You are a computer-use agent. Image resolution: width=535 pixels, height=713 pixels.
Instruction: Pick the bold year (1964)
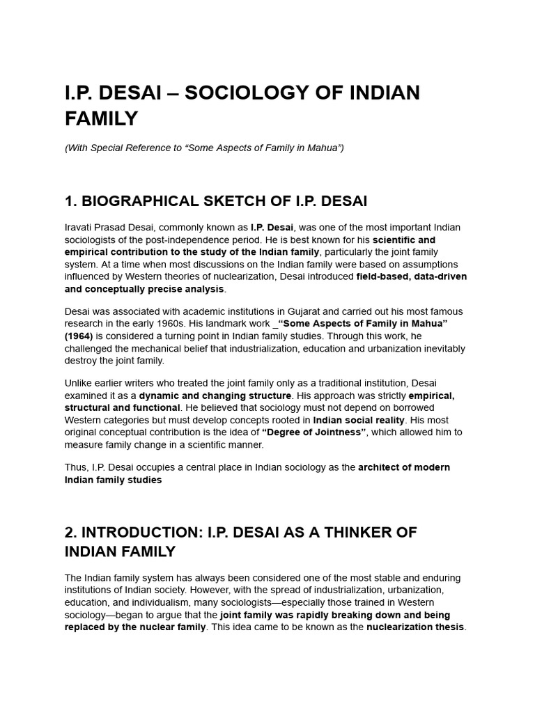[79, 336]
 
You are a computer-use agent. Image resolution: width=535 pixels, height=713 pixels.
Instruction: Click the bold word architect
[380, 467]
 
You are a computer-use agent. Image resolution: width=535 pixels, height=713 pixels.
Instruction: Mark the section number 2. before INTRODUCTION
[71, 533]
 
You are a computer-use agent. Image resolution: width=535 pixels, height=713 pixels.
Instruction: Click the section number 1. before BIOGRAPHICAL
[70, 202]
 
